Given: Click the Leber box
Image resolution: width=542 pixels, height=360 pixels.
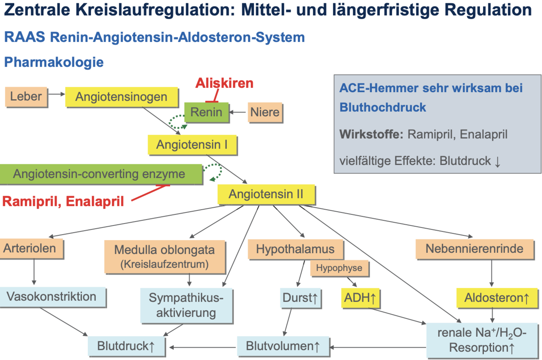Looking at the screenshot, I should (26, 97).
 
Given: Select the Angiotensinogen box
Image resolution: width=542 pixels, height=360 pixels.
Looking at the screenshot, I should (121, 97).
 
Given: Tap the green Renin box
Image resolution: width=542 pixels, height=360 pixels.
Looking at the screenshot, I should (206, 112).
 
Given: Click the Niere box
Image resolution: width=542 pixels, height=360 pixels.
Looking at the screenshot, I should (264, 112).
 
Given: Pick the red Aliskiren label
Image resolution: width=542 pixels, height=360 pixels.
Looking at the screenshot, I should (224, 83).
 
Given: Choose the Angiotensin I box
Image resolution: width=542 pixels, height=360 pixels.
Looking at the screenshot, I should (192, 144).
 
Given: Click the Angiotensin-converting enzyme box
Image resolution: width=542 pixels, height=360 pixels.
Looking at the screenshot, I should (100, 174).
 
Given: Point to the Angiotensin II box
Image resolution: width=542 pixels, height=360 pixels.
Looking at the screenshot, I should (266, 194).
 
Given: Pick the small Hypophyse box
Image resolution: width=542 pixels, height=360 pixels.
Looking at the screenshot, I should (336, 268).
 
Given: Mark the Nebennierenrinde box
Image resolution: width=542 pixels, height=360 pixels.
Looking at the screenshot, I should (474, 248).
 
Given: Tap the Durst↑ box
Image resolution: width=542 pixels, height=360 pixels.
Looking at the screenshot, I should (301, 299).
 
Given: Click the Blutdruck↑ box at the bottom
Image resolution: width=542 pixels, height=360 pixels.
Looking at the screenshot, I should (126, 346).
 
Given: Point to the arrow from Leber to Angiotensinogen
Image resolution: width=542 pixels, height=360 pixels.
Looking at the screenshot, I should (56, 94).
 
